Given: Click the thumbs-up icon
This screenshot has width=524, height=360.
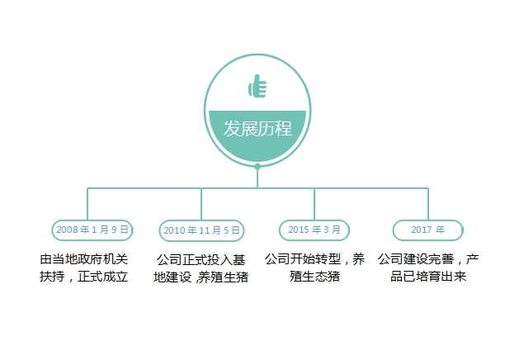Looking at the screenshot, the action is click(x=257, y=86).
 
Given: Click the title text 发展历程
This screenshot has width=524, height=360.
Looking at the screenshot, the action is click(x=257, y=128).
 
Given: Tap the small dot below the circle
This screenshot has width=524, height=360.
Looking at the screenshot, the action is click(x=257, y=166).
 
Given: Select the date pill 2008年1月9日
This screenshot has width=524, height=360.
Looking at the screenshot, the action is click(x=92, y=230).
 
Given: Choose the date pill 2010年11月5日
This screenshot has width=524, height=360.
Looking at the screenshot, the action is click(x=201, y=230).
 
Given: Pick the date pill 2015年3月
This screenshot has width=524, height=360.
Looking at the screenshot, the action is click(x=314, y=230).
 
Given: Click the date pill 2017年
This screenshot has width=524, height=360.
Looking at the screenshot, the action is click(x=427, y=230).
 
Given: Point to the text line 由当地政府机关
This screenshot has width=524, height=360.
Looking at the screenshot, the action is click(x=84, y=259).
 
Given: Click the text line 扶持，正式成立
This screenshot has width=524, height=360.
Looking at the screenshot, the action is click(x=84, y=277).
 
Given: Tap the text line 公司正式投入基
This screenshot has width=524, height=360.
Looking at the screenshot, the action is click(x=201, y=260).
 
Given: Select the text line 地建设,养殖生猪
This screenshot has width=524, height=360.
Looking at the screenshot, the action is click(x=201, y=277).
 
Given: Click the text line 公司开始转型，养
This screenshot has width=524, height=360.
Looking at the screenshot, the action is click(x=314, y=259).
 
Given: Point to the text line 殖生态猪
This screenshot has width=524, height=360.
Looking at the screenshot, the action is click(x=314, y=277).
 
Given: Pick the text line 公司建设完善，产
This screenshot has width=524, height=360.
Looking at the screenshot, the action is click(x=428, y=259).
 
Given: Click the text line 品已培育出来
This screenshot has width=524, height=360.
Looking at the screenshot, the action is click(x=428, y=277).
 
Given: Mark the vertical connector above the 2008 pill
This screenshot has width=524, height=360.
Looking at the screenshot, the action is click(x=87, y=204).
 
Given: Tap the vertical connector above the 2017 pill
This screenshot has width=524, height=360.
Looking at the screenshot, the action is click(x=428, y=204).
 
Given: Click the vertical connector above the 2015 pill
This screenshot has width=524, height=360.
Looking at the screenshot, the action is click(x=314, y=204).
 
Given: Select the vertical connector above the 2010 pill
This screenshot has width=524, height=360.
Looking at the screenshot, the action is click(x=201, y=204).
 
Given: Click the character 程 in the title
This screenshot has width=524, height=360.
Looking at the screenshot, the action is click(x=283, y=128).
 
